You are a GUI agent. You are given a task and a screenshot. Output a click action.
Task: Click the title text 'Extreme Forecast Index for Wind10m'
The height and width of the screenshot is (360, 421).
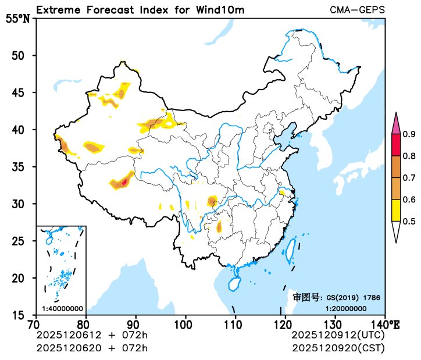click(140, 10)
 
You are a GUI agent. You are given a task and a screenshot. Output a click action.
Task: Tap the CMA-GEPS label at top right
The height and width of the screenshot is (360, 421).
click(356, 10)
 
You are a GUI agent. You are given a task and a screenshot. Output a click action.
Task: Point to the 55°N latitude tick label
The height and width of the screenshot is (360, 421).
click(17, 19)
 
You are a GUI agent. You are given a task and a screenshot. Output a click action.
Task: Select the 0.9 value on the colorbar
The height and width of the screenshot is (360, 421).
click(409, 135)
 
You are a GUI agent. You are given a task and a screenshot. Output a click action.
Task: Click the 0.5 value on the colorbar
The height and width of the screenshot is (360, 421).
click(409, 221)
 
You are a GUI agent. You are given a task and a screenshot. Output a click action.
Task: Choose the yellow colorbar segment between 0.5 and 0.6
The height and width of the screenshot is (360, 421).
click(396, 210)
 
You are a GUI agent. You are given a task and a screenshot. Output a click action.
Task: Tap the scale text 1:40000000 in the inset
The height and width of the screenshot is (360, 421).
click(62, 308)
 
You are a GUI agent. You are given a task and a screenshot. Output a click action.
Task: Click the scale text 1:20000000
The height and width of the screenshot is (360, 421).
click(345, 308)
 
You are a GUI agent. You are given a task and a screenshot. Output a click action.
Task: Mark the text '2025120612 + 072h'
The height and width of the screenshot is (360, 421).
click(92, 336)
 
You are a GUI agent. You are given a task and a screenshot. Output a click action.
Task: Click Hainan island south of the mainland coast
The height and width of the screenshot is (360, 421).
click(234, 284)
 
